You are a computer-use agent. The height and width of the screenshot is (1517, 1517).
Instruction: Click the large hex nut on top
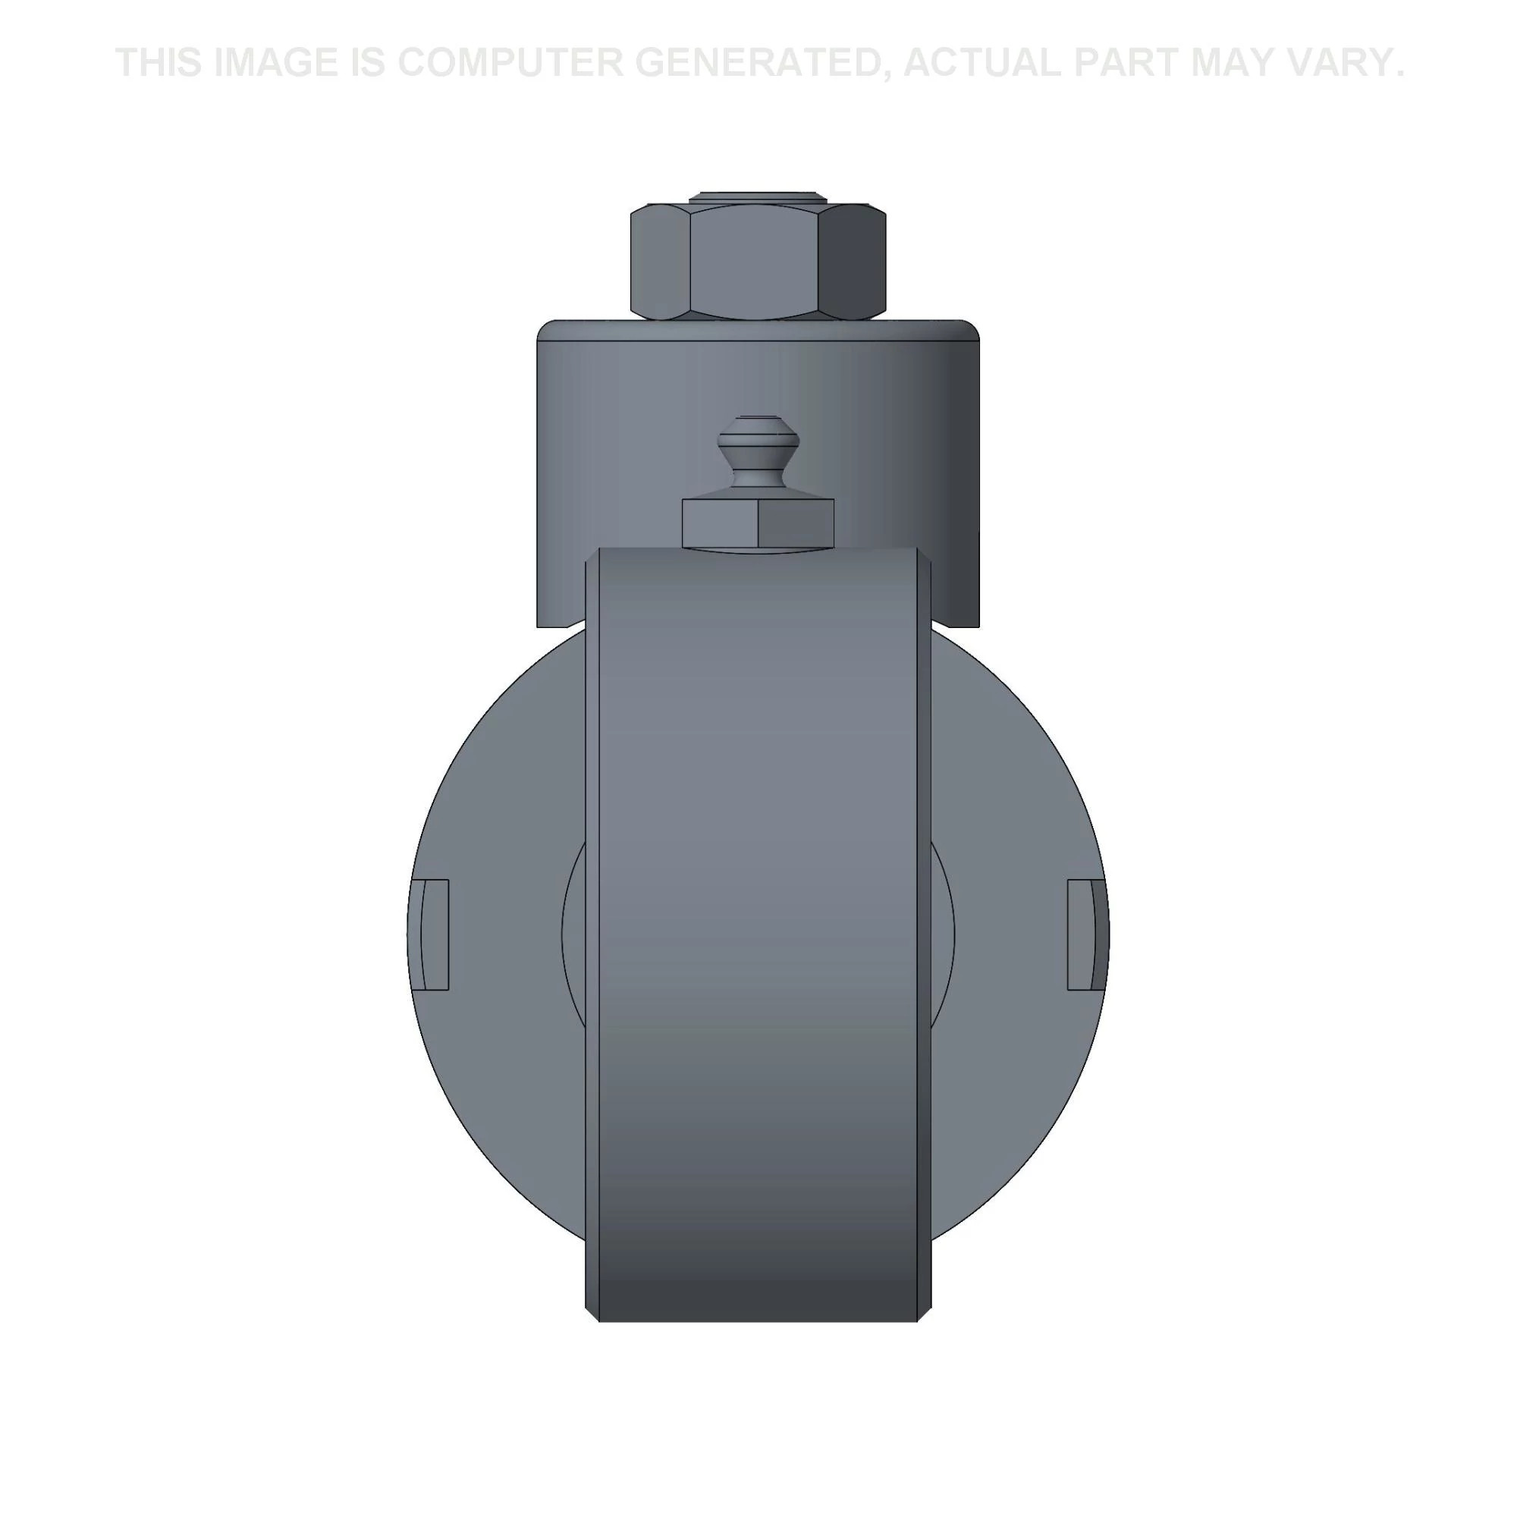click(x=758, y=262)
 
